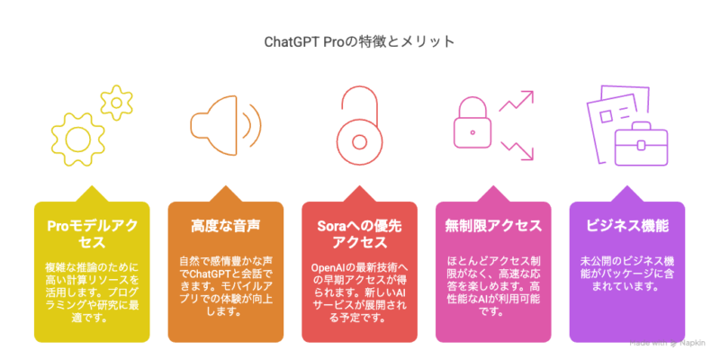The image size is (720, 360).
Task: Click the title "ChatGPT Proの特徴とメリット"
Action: (x=359, y=41)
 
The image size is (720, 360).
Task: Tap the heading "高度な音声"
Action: (x=226, y=226)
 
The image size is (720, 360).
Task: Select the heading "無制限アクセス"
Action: (x=493, y=226)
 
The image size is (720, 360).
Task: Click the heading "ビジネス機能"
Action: (x=626, y=226)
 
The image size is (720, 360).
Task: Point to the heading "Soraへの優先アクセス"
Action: (x=359, y=234)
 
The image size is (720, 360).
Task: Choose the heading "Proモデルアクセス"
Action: (x=92, y=234)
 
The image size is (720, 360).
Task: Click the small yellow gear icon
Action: (x=117, y=103)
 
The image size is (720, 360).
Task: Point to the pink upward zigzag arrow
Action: (x=517, y=101)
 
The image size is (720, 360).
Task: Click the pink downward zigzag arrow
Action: (x=517, y=150)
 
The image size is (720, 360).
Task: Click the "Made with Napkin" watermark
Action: (x=671, y=343)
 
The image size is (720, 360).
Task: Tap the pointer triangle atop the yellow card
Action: (x=92, y=194)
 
